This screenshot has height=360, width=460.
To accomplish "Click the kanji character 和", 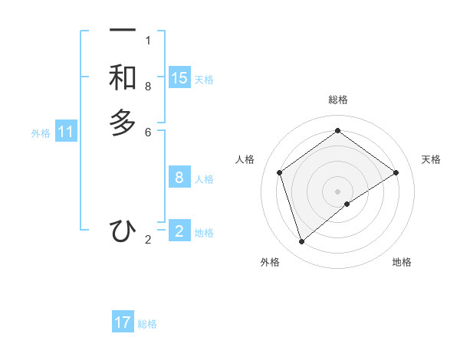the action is tap(123, 77).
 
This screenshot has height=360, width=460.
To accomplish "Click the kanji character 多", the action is tap(123, 123).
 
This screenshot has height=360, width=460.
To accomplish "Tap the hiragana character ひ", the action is tap(123, 231).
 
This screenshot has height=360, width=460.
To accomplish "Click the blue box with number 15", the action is tap(179, 78).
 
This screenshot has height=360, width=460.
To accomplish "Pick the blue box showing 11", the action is tap(66, 133).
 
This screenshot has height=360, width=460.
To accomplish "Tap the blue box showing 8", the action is tap(179, 178).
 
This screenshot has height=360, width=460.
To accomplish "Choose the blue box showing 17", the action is tap(123, 322).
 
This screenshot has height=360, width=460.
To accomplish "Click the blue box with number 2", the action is tap(179, 231).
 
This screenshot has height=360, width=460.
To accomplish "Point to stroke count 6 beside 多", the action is tap(148, 132).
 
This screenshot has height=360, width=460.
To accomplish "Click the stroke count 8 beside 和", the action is tap(148, 87).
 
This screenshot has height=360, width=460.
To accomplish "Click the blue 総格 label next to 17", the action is tap(147, 324).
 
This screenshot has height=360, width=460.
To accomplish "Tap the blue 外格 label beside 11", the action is tap(41, 133).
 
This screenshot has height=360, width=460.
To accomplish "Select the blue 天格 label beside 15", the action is tap(204, 79).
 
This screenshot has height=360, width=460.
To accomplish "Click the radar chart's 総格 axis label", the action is tap(338, 100).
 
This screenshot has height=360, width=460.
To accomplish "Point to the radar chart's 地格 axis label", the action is tap(402, 262).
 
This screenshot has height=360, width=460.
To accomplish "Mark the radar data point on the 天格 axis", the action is tap(396, 172).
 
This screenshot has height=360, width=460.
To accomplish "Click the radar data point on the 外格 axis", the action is tap(301, 242).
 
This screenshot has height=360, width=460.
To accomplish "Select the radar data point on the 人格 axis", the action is tap(280, 172).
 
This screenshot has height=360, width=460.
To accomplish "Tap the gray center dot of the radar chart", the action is tap(338, 191).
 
